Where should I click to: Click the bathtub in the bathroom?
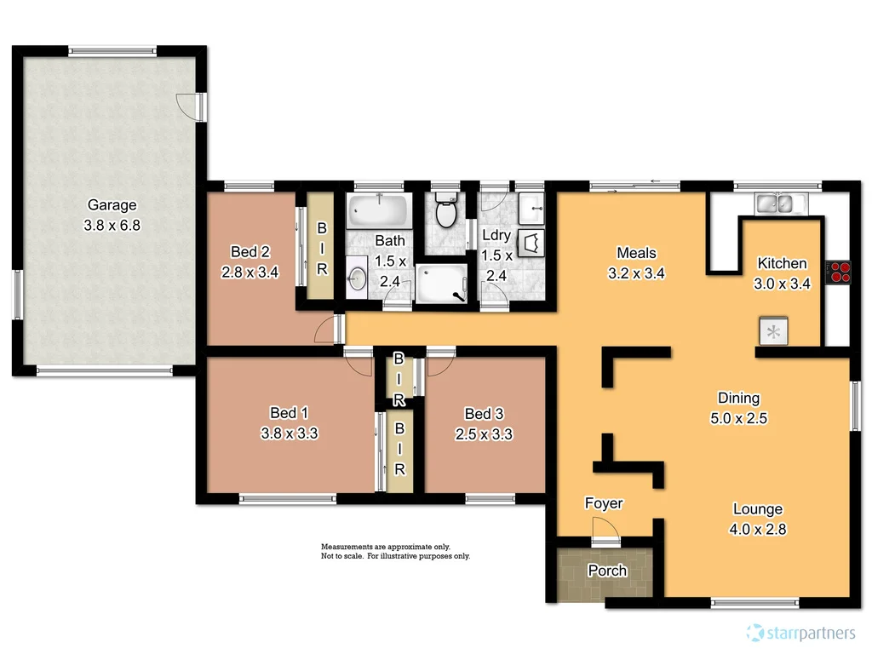click(x=379, y=209)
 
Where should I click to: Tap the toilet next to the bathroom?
click(x=445, y=210)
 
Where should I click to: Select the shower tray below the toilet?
click(x=441, y=283)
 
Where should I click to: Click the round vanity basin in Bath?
click(x=358, y=278)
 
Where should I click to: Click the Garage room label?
click(x=112, y=205)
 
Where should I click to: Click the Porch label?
click(x=607, y=571)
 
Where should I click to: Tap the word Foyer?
click(x=603, y=503)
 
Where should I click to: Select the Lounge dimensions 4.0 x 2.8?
click(x=757, y=529)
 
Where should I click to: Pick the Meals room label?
click(x=636, y=253)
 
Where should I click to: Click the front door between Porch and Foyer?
click(x=605, y=541)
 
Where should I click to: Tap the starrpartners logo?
click(x=800, y=633)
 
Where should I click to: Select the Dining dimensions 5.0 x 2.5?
click(x=737, y=418)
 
